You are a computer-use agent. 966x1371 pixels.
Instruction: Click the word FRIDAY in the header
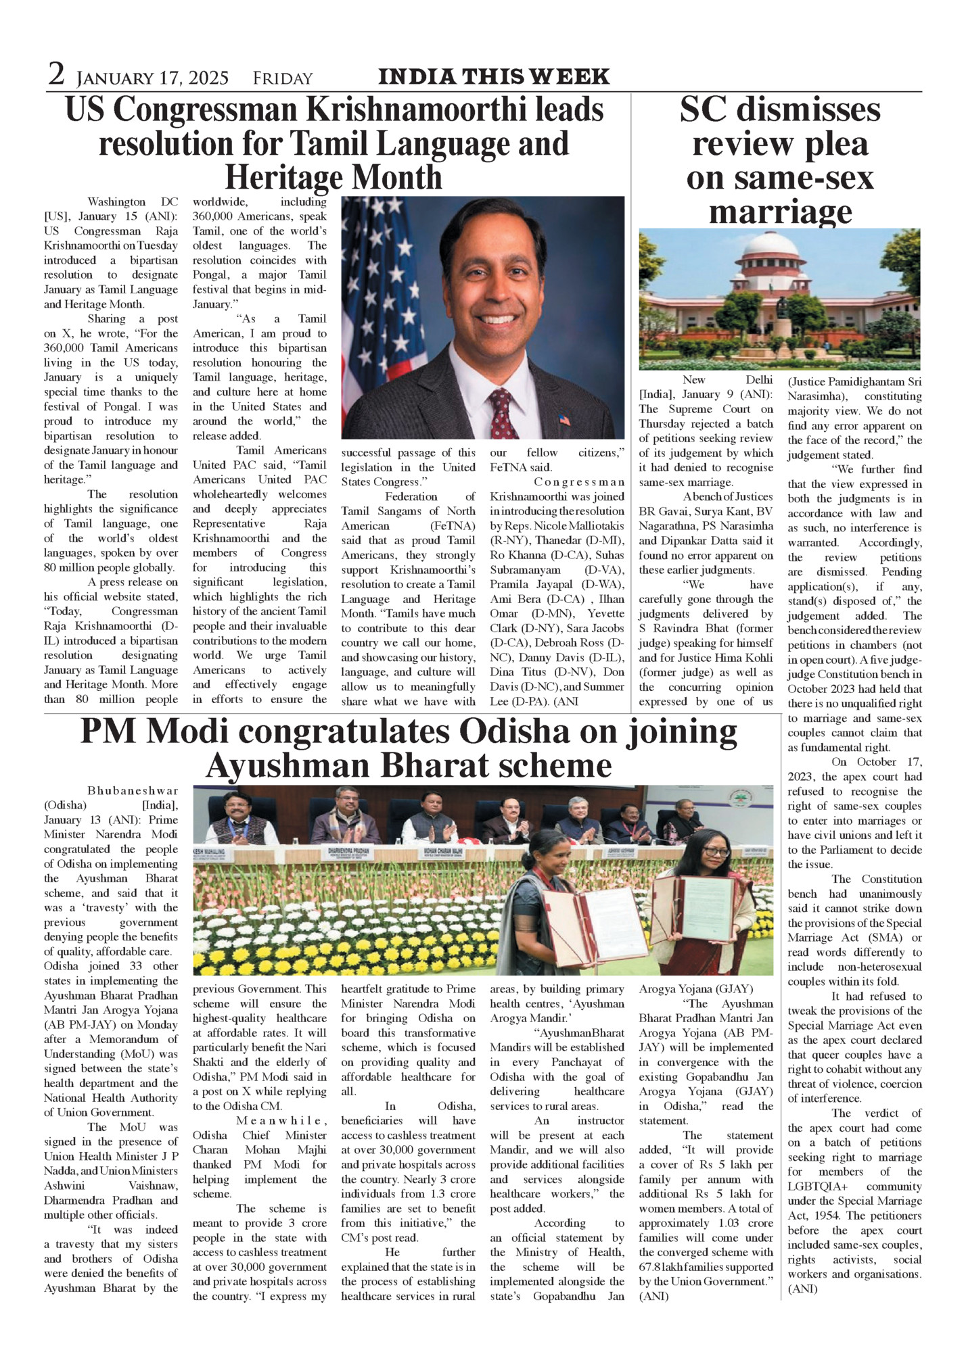point(283,79)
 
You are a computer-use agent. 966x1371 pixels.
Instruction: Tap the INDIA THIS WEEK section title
point(494,77)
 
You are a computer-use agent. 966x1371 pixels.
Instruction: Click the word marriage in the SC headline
point(780,212)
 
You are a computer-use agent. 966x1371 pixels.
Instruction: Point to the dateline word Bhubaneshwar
point(133,791)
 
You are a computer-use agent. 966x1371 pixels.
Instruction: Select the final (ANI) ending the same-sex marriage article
point(802,1289)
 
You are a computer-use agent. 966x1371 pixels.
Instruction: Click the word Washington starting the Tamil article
point(116,202)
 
